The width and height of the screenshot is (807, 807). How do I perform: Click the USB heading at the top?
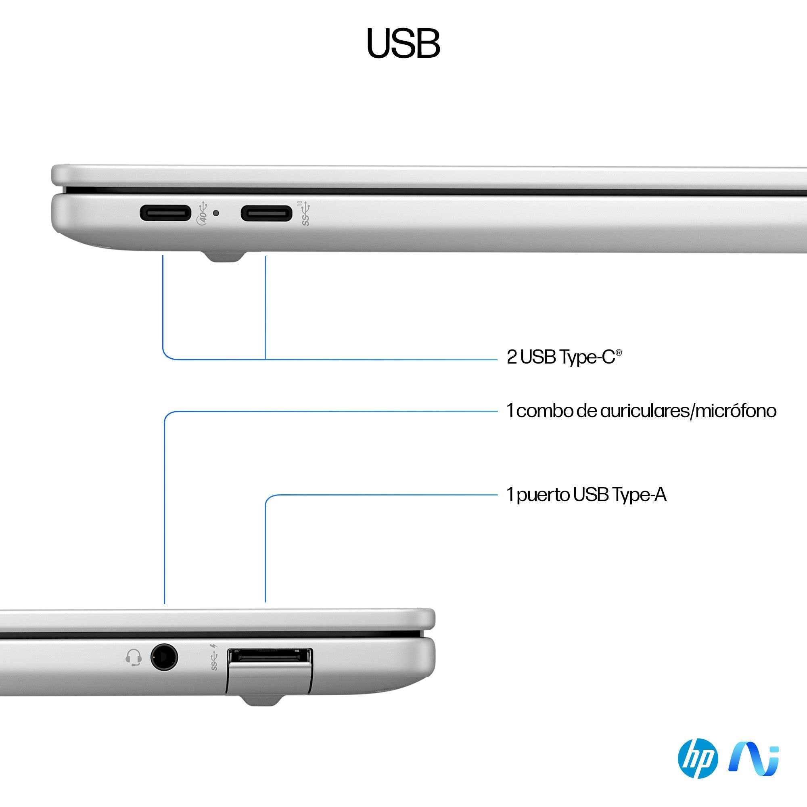pos(403,44)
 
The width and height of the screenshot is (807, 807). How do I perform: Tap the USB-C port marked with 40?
pos(165,213)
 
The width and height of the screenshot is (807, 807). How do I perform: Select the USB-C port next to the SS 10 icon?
pos(266,213)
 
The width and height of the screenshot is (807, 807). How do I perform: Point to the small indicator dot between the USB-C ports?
pos(216,213)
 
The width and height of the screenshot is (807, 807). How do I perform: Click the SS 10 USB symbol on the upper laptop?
pos(306,213)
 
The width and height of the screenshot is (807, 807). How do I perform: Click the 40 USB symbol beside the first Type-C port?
pos(202,213)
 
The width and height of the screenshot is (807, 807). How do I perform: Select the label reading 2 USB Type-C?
pos(564,357)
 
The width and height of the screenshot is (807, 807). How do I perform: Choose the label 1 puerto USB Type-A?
pos(586,495)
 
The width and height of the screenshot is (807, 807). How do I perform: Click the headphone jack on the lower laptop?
pos(164,657)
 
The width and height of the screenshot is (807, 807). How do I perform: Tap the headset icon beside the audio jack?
pos(133,657)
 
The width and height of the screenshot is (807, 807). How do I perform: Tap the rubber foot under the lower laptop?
pos(261,700)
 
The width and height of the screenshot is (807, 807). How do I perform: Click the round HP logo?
pos(698,759)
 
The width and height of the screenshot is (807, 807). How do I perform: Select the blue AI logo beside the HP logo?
pos(753,759)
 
